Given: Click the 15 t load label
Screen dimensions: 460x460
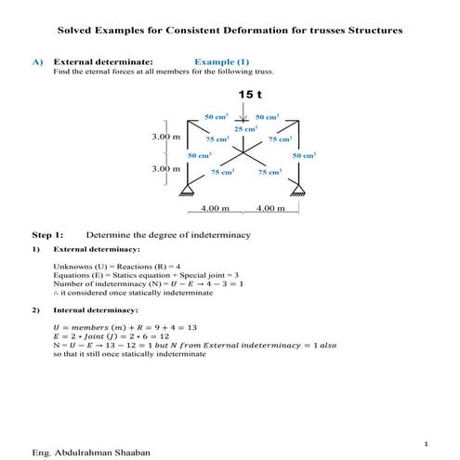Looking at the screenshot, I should [251, 95].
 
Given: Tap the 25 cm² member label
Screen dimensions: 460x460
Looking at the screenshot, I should [245, 128].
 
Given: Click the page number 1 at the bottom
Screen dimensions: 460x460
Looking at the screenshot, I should [424, 443].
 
